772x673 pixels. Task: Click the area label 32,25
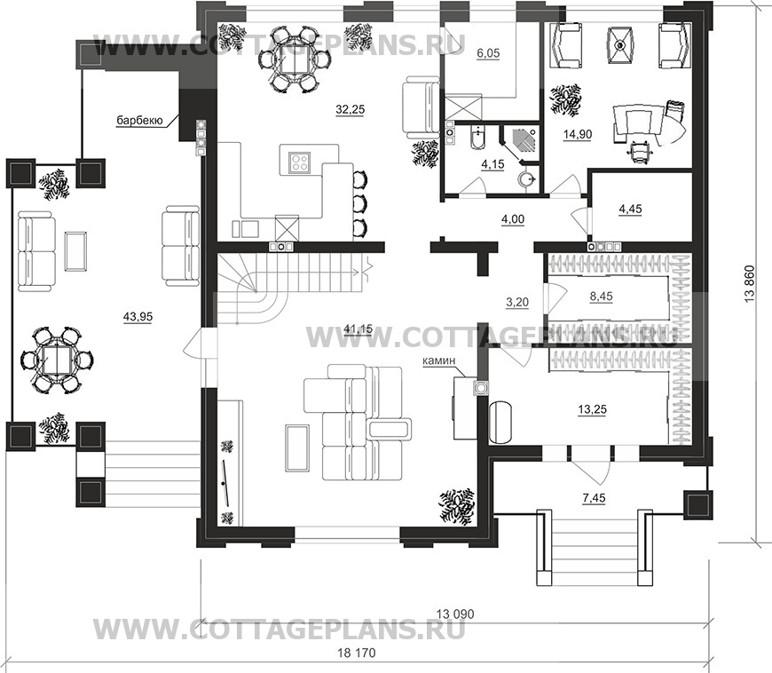click(x=350, y=109)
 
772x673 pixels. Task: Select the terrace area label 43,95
click(x=138, y=317)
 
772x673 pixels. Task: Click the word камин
click(x=439, y=361)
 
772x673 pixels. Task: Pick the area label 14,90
click(x=578, y=134)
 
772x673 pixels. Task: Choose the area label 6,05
click(x=488, y=53)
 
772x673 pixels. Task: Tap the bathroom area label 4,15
click(x=492, y=164)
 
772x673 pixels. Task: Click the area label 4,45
click(x=630, y=210)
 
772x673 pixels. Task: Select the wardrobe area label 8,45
click(x=601, y=297)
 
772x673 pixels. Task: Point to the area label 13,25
click(x=592, y=409)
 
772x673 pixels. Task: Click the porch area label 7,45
click(x=594, y=499)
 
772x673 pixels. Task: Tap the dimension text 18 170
click(x=357, y=653)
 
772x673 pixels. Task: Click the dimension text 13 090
click(x=455, y=614)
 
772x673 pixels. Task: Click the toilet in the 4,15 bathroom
click(x=477, y=139)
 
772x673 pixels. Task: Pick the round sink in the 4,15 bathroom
click(x=528, y=178)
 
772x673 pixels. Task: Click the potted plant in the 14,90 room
click(x=565, y=100)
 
